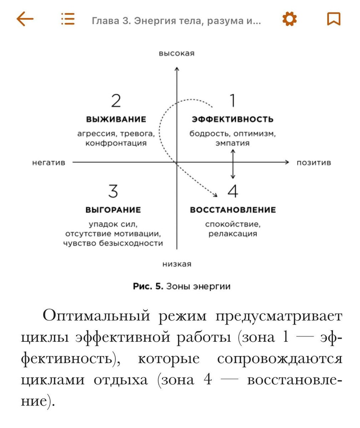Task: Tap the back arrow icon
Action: click(x=25, y=19)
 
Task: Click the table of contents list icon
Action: click(x=68, y=19)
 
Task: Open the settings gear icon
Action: click(x=289, y=19)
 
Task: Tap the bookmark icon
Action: click(x=334, y=19)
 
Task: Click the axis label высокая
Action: click(x=177, y=53)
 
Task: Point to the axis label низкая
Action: click(x=177, y=264)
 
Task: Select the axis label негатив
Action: click(x=49, y=163)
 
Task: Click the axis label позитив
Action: click(x=314, y=163)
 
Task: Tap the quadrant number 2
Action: click(x=116, y=101)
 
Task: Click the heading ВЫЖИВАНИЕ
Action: click(x=116, y=119)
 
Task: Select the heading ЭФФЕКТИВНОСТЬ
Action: click(x=232, y=119)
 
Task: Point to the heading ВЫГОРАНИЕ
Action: click(x=113, y=210)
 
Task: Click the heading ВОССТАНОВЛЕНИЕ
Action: click(x=233, y=210)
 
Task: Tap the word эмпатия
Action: click(x=232, y=143)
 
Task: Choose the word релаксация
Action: click(x=233, y=234)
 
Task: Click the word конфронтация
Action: click(x=116, y=143)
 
